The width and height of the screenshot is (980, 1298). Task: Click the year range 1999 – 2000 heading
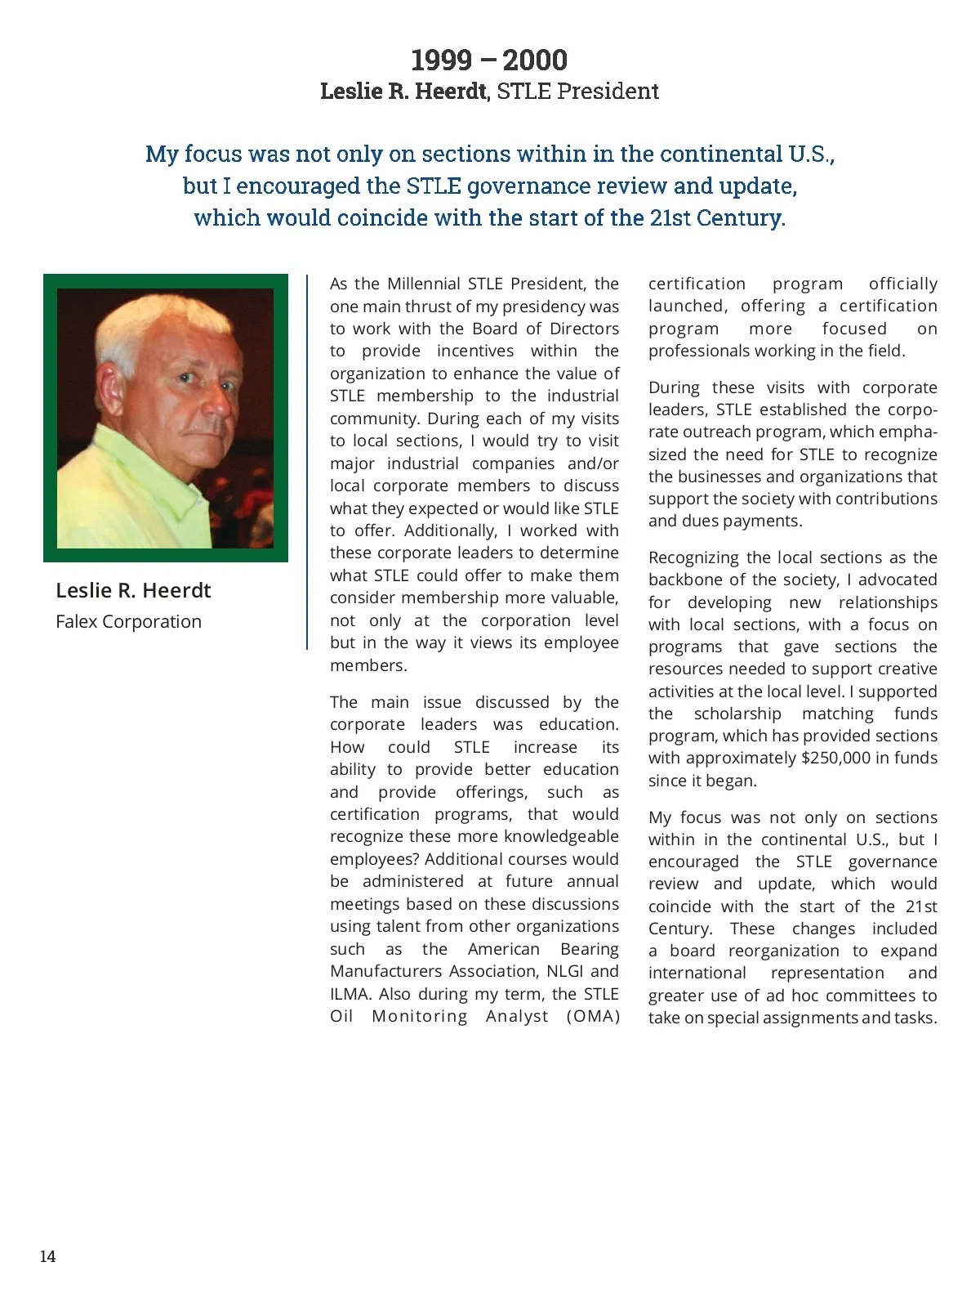pyautogui.click(x=489, y=60)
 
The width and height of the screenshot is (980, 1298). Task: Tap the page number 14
pyautogui.click(x=48, y=1256)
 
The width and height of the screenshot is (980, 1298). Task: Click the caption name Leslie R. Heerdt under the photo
pyautogui.click(x=133, y=590)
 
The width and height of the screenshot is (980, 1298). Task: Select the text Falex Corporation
pyautogui.click(x=128, y=621)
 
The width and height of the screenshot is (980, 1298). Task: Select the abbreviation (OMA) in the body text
pyautogui.click(x=593, y=1016)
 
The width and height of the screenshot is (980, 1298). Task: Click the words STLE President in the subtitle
pyautogui.click(x=577, y=91)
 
